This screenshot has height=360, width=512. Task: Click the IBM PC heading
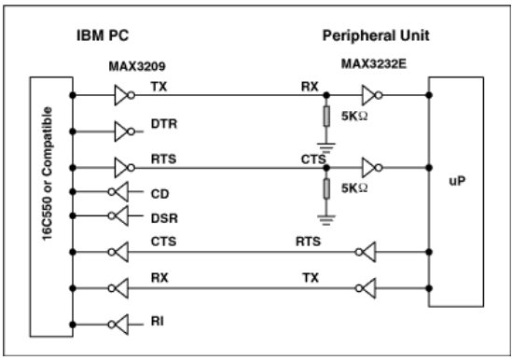(103, 39)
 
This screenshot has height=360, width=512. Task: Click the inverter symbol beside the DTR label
(125, 130)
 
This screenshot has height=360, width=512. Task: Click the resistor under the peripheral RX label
(325, 118)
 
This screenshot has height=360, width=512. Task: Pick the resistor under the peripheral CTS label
(325, 189)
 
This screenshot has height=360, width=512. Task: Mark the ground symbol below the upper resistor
(325, 145)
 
